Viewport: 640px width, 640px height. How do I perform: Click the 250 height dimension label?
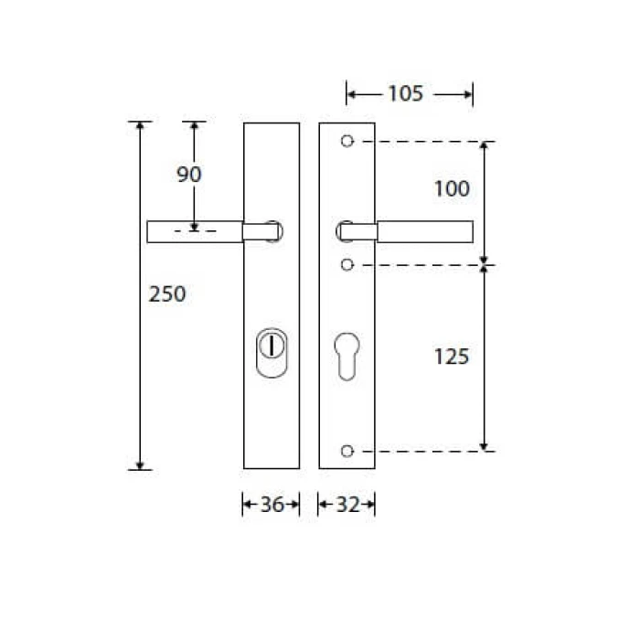tap(167, 293)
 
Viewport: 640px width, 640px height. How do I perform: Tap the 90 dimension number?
tap(189, 175)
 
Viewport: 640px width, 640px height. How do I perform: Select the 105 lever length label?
tap(405, 93)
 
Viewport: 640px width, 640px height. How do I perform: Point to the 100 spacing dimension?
tap(452, 188)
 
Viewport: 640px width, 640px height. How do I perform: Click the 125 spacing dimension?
tap(452, 357)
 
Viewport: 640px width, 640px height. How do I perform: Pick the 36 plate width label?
tap(272, 505)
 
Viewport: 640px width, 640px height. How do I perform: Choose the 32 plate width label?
tap(347, 505)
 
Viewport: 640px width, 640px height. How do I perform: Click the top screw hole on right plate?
tap(347, 141)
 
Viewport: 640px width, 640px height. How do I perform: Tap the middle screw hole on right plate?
tap(347, 265)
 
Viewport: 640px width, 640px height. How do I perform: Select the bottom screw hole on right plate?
tap(347, 451)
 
